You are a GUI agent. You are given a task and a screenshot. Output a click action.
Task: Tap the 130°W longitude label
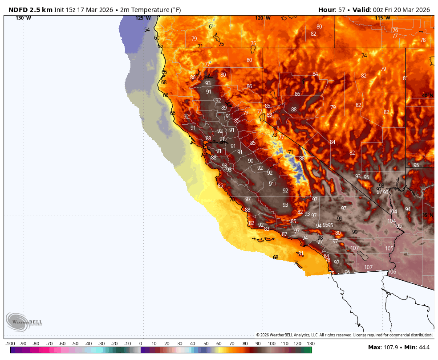[x=23, y=18]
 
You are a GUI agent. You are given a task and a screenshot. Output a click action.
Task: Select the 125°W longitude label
[x=143, y=18]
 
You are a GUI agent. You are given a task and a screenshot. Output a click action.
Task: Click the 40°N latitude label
[x=427, y=95]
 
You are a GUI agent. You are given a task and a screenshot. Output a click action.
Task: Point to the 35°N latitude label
[x=427, y=215]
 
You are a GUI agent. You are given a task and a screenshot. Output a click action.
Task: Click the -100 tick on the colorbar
[x=10, y=344]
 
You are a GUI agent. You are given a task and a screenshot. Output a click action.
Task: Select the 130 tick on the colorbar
[x=310, y=344]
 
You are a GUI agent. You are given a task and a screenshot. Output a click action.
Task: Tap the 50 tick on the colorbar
[x=206, y=344]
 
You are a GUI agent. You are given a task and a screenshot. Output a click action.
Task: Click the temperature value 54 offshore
[x=147, y=30]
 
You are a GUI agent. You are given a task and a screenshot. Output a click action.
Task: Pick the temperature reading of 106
[x=392, y=272]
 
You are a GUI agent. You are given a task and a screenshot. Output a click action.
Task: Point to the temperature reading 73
[x=274, y=135]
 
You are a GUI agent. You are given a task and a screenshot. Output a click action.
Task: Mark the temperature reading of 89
[x=224, y=107]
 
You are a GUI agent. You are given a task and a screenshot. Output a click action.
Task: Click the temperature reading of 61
[x=211, y=26]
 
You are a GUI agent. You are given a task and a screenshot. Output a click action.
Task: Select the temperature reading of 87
[x=284, y=234]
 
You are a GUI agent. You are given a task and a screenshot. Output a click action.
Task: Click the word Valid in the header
[x=361, y=10]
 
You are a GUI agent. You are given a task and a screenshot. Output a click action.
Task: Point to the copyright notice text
[x=344, y=335]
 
